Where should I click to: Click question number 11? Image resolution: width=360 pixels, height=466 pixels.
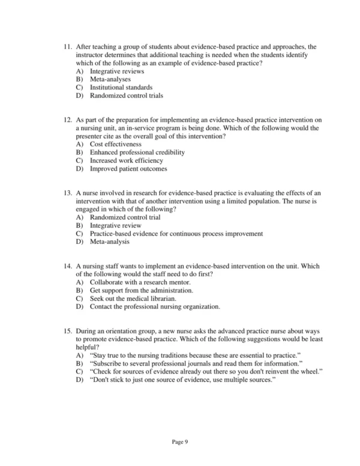click(x=67, y=46)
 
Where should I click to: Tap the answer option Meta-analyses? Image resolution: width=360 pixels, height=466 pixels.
click(x=110, y=79)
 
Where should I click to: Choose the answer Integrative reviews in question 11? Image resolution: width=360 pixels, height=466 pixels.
click(x=116, y=71)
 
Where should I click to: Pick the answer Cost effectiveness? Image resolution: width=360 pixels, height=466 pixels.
click(x=116, y=144)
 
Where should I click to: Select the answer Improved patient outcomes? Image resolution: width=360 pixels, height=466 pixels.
click(x=128, y=169)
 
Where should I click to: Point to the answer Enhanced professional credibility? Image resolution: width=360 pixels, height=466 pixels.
click(x=137, y=153)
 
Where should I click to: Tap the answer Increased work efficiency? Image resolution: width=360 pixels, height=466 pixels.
click(x=126, y=161)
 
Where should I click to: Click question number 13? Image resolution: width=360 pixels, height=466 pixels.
click(x=67, y=193)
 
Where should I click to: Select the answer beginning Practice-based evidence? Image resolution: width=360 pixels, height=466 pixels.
click(x=176, y=234)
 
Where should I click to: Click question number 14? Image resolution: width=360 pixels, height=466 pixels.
click(x=67, y=266)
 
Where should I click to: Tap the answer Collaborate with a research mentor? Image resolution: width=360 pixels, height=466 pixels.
click(x=140, y=282)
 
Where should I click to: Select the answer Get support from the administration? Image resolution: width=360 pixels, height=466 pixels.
click(x=142, y=290)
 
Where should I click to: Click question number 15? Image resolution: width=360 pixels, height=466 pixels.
click(x=67, y=331)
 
